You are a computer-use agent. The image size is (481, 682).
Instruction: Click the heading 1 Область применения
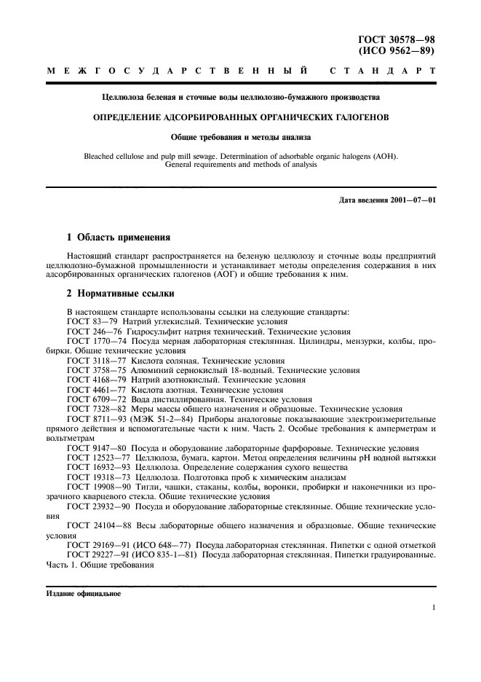click(119, 237)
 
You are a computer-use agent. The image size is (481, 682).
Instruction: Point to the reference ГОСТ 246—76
click(95, 330)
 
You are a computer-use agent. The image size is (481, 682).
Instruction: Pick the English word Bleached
click(103, 155)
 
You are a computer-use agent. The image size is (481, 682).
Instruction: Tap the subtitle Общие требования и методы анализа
click(240, 136)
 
